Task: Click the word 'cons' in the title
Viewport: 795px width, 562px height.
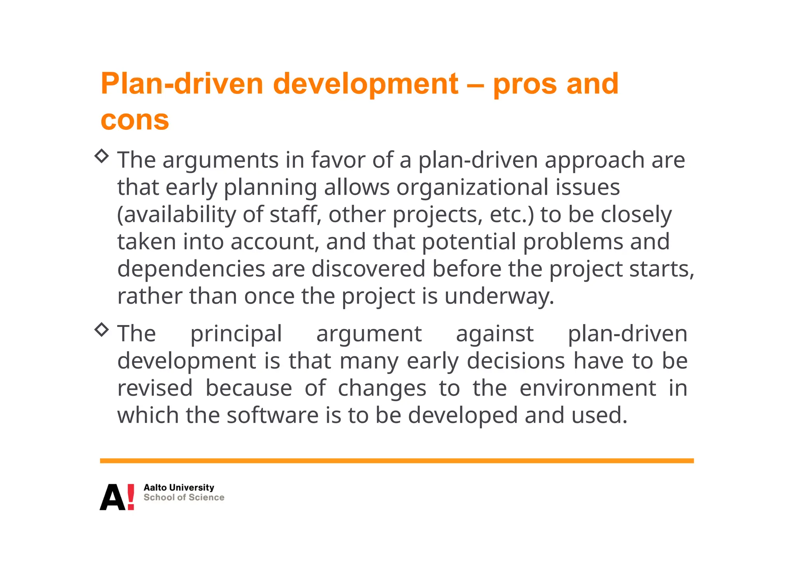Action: (x=135, y=120)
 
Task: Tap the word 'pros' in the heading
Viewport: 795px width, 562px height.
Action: (x=525, y=84)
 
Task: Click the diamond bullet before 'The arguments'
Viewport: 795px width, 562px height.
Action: (x=102, y=156)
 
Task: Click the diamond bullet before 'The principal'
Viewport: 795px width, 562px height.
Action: (x=102, y=329)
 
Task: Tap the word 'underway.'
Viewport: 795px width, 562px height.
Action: (x=499, y=296)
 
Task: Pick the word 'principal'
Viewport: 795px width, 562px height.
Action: (x=236, y=334)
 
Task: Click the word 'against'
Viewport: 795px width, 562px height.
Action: (x=495, y=334)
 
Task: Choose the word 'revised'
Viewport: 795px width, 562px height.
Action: (x=155, y=388)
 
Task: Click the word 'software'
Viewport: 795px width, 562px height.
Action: (x=273, y=415)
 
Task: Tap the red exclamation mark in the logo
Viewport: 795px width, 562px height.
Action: (x=131, y=497)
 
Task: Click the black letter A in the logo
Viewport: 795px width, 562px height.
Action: (x=112, y=498)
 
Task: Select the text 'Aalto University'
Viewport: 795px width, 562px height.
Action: (x=179, y=487)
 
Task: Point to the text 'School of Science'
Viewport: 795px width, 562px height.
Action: (x=184, y=498)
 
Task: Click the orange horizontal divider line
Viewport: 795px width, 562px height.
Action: (x=397, y=461)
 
